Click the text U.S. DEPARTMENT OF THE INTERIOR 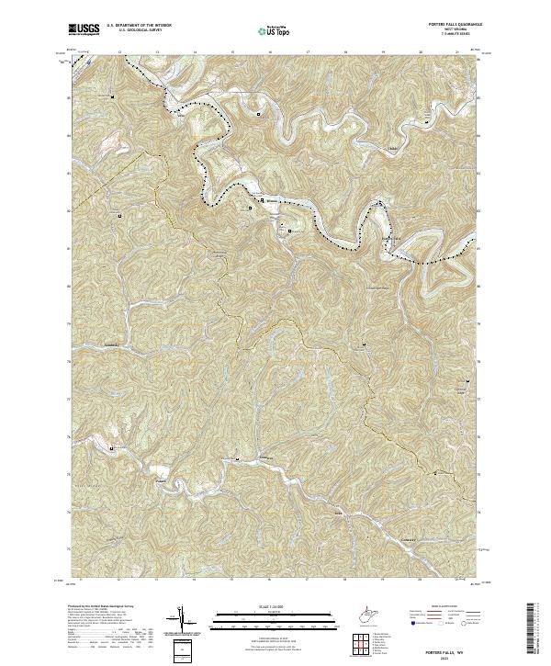click(x=139, y=26)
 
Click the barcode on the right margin click(x=530, y=630)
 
